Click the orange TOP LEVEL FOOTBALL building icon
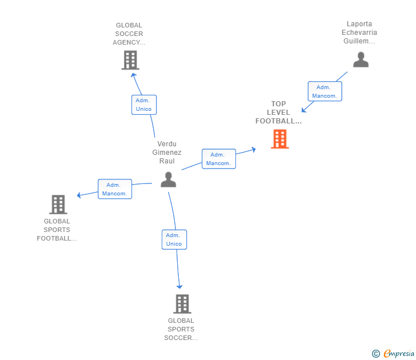279,139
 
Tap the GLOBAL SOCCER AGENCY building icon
130,60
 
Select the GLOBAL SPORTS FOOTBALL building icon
58,204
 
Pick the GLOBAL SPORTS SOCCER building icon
182,304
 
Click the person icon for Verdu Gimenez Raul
168,179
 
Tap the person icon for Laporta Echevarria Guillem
361,59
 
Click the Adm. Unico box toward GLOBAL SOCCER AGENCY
143,105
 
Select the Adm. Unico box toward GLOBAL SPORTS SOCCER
174,239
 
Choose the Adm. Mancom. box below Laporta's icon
325,91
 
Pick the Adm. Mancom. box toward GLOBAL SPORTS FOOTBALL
114,189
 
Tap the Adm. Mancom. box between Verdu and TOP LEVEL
218,159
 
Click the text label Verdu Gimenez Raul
167,153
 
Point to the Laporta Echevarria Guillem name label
359,33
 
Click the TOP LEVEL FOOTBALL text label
278,113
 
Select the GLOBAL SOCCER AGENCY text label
129,34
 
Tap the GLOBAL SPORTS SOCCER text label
181,329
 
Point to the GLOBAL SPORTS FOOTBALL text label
57,230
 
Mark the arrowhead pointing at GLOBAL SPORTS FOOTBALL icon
79,195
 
